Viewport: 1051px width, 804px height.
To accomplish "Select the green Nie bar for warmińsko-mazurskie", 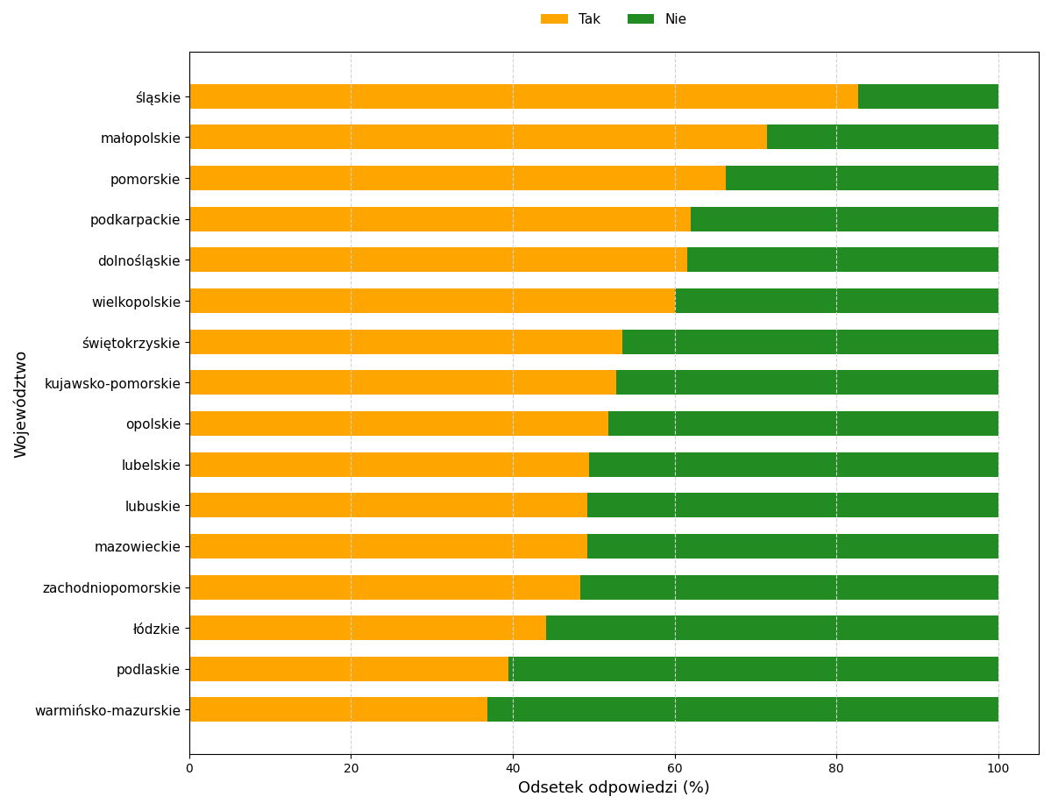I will pos(742,709).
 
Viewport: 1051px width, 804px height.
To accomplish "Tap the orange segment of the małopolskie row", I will pos(478,137).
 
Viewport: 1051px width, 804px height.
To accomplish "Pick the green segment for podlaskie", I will pos(753,669).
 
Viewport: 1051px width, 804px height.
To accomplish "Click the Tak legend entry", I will pos(571,19).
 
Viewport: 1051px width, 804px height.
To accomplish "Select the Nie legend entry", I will pos(657,19).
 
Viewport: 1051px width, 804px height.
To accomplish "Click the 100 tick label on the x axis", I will pos(998,769).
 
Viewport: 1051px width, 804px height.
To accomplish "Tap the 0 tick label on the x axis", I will pos(189,769).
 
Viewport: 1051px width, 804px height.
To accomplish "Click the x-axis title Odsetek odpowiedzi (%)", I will pos(614,787).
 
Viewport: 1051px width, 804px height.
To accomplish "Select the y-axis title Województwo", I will pos(21,403).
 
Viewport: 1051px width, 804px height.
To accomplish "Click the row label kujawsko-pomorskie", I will pos(112,383).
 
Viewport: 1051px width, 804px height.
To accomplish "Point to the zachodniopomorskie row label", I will pos(111,587).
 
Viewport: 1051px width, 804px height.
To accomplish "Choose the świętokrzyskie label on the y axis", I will pos(131,343).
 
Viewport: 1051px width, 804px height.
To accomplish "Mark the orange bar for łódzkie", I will pos(367,628).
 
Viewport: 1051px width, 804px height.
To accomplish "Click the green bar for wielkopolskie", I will pos(836,301).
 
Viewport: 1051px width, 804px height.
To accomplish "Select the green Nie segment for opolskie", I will pos(803,423).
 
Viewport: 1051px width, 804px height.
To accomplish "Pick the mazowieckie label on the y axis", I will pos(137,547).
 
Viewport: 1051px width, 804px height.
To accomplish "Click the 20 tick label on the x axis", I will pos(351,769).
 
